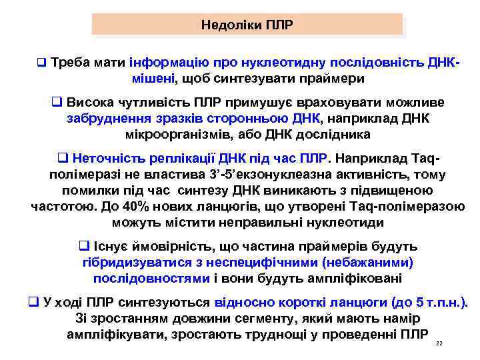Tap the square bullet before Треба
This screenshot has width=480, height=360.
41,64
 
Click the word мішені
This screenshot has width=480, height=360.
153,78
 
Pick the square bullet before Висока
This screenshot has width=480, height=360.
57,103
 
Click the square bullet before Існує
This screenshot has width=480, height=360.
85,247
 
